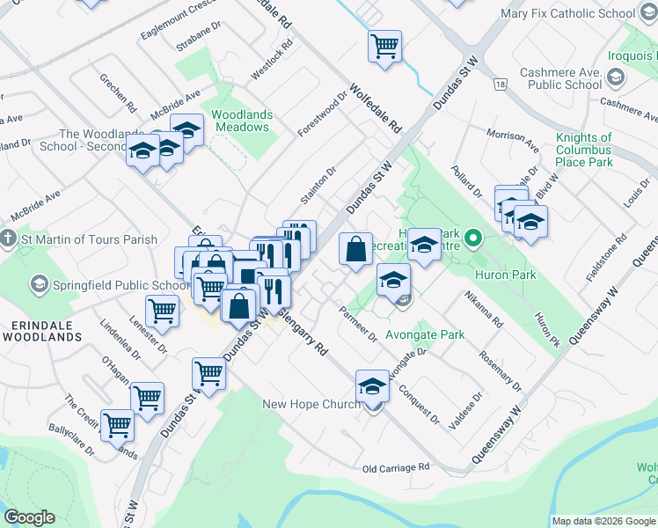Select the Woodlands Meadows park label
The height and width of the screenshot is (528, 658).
pos(242,121)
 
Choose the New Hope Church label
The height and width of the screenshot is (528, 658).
pos(311,404)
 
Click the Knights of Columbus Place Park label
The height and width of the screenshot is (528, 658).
pos(584,150)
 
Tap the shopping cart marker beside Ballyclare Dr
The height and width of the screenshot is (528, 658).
pos(117,425)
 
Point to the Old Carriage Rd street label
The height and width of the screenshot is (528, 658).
pos(395,467)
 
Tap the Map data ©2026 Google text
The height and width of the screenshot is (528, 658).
pos(603,521)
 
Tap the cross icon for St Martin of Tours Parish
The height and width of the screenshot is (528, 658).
pos(9,239)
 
